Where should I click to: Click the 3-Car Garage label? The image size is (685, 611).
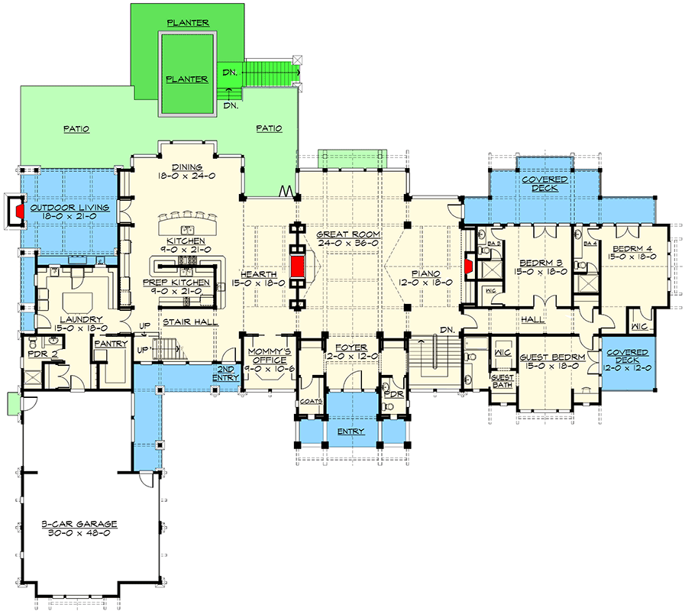tap(79, 524)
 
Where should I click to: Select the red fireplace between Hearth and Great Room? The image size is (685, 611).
tap(297, 267)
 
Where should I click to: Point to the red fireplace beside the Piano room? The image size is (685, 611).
tap(468, 266)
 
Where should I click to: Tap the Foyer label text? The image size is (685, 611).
tap(341, 347)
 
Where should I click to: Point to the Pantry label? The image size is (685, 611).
tap(111, 344)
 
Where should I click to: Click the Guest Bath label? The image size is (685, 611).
tap(502, 382)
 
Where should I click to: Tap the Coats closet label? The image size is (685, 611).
tap(311, 400)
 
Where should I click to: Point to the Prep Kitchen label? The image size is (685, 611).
tap(186, 283)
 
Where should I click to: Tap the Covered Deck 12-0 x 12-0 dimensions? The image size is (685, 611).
tap(628, 367)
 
